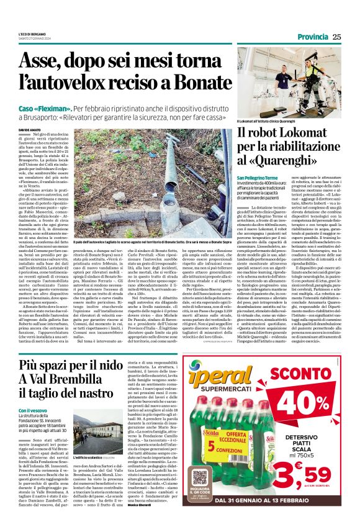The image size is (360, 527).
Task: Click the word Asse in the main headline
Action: click(x=40, y=62)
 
